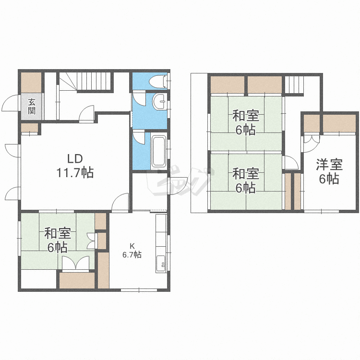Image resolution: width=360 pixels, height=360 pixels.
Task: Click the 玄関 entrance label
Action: click(32, 106)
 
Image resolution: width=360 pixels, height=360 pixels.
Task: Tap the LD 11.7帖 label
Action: click(75, 166)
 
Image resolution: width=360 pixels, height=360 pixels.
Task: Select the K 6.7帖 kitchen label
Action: click(132, 251)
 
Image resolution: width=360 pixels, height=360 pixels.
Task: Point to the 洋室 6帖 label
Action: click(329, 171)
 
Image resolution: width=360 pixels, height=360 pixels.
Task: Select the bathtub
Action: click(159, 151)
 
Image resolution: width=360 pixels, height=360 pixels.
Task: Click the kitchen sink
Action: click(161, 264)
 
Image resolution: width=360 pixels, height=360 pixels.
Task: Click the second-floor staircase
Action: click(295, 84)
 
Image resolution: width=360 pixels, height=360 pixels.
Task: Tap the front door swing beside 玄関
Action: click(10, 103)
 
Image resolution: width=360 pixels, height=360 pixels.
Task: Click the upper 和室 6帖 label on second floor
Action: click(246, 122)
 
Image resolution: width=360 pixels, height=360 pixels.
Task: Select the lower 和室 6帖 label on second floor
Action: click(246, 180)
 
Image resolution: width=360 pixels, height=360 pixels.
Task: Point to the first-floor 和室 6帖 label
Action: click(58, 240)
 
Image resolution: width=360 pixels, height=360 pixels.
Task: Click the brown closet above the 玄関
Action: click(31, 83)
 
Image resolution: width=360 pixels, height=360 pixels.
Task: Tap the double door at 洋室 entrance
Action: click(312, 144)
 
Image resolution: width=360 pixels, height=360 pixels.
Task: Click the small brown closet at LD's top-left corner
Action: click(29, 128)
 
